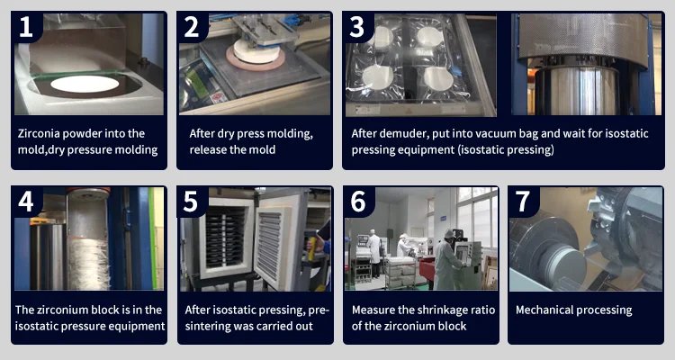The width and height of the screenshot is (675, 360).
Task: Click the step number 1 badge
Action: click(x=26, y=27)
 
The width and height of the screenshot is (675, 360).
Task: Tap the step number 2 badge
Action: click(x=192, y=27)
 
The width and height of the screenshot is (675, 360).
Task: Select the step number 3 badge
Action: click(x=357, y=27)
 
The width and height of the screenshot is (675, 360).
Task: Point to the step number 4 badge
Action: click(x=26, y=201)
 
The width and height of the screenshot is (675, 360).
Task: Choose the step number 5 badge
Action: click(x=192, y=201)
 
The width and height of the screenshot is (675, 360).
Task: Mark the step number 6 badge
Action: click(x=358, y=201)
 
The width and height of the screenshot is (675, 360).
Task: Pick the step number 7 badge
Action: click(x=523, y=201)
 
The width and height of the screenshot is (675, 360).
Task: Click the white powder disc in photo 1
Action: click(x=85, y=84)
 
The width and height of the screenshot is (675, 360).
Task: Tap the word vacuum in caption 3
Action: click(x=489, y=133)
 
